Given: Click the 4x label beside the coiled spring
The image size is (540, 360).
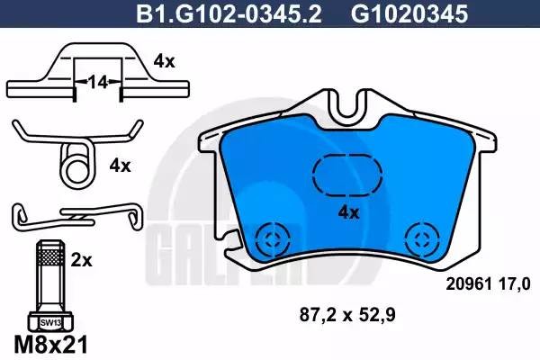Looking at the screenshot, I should click(x=120, y=166).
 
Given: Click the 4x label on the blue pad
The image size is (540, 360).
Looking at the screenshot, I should click(x=347, y=212).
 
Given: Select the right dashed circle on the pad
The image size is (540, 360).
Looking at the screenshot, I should click(x=419, y=238).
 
